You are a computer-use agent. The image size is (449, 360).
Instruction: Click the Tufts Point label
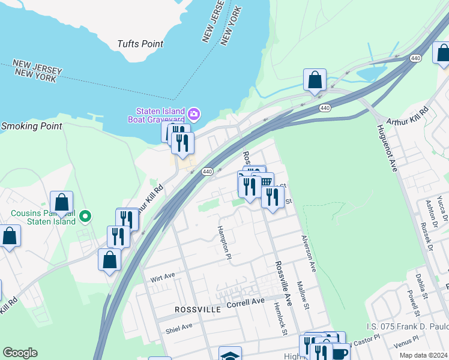pos(140,44)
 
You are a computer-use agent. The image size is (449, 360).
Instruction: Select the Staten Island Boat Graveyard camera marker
pos(193,113)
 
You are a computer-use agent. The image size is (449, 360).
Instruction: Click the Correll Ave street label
pos(246,302)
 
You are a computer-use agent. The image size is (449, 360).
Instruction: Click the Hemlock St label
pos(280,314)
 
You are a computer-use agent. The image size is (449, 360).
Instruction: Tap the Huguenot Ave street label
pos(387,148)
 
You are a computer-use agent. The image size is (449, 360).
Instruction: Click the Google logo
pos(20,353)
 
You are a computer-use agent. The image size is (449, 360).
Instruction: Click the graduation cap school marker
pos(230,355)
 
